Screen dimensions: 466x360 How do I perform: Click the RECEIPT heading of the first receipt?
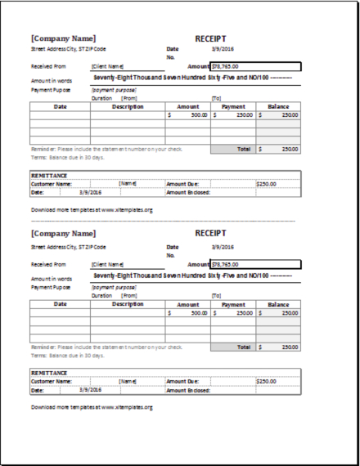click(210, 38)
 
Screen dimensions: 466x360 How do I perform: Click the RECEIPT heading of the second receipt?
click(210, 233)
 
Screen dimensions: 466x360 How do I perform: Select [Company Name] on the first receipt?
click(63, 38)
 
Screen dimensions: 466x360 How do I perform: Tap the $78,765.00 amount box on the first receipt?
click(255, 67)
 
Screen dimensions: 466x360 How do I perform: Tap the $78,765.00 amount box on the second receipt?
click(255, 264)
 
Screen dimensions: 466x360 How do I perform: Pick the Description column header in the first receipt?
click(128, 106)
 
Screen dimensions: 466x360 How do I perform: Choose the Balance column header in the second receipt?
click(278, 304)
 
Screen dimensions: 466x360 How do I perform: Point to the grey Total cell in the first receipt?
click(243, 150)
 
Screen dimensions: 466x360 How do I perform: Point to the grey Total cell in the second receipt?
click(243, 347)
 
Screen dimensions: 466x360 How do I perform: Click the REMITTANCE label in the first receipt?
click(48, 176)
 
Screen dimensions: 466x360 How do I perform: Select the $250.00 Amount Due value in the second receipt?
click(266, 381)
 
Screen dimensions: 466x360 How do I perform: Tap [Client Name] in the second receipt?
click(107, 264)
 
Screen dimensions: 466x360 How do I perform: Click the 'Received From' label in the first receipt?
click(48, 67)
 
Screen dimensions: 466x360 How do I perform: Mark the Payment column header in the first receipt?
click(233, 106)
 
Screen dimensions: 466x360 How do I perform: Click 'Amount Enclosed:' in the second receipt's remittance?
click(188, 390)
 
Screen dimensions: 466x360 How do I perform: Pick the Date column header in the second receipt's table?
click(60, 304)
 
